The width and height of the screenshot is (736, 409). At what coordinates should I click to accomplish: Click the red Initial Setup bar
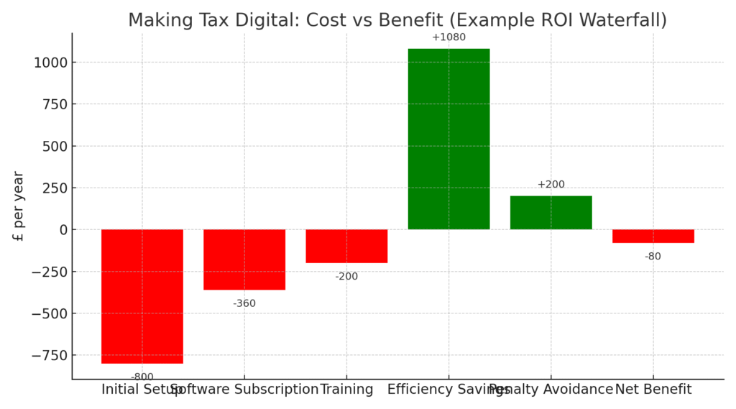(x=142, y=296)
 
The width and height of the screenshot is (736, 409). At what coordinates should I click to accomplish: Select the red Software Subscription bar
(x=244, y=259)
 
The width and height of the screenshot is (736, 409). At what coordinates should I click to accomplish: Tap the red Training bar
(x=346, y=246)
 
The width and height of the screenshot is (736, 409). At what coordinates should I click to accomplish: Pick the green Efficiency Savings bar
(x=448, y=139)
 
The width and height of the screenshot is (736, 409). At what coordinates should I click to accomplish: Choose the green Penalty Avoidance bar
(x=551, y=213)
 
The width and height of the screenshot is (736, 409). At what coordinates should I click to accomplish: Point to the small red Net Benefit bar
(x=653, y=236)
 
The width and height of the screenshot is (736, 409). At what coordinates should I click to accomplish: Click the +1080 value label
(x=448, y=37)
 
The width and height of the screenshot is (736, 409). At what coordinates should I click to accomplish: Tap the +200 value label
(x=551, y=185)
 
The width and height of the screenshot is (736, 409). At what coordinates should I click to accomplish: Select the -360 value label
(x=244, y=303)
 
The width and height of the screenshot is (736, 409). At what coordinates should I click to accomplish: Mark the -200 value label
(x=346, y=277)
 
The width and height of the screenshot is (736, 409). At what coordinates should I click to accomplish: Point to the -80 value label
(x=653, y=257)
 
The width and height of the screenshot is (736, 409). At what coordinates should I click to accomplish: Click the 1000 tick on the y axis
(x=50, y=63)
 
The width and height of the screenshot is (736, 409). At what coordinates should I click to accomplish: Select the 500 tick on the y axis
(x=54, y=146)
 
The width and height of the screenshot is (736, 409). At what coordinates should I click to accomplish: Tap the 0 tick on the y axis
(x=63, y=230)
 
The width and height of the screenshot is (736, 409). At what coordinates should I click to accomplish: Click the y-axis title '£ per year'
(x=19, y=206)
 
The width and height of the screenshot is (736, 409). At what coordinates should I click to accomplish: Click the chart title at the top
(x=397, y=20)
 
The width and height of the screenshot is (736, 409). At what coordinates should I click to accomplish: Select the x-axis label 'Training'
(x=346, y=390)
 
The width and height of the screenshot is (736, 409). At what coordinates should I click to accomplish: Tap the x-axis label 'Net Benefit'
(x=653, y=390)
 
